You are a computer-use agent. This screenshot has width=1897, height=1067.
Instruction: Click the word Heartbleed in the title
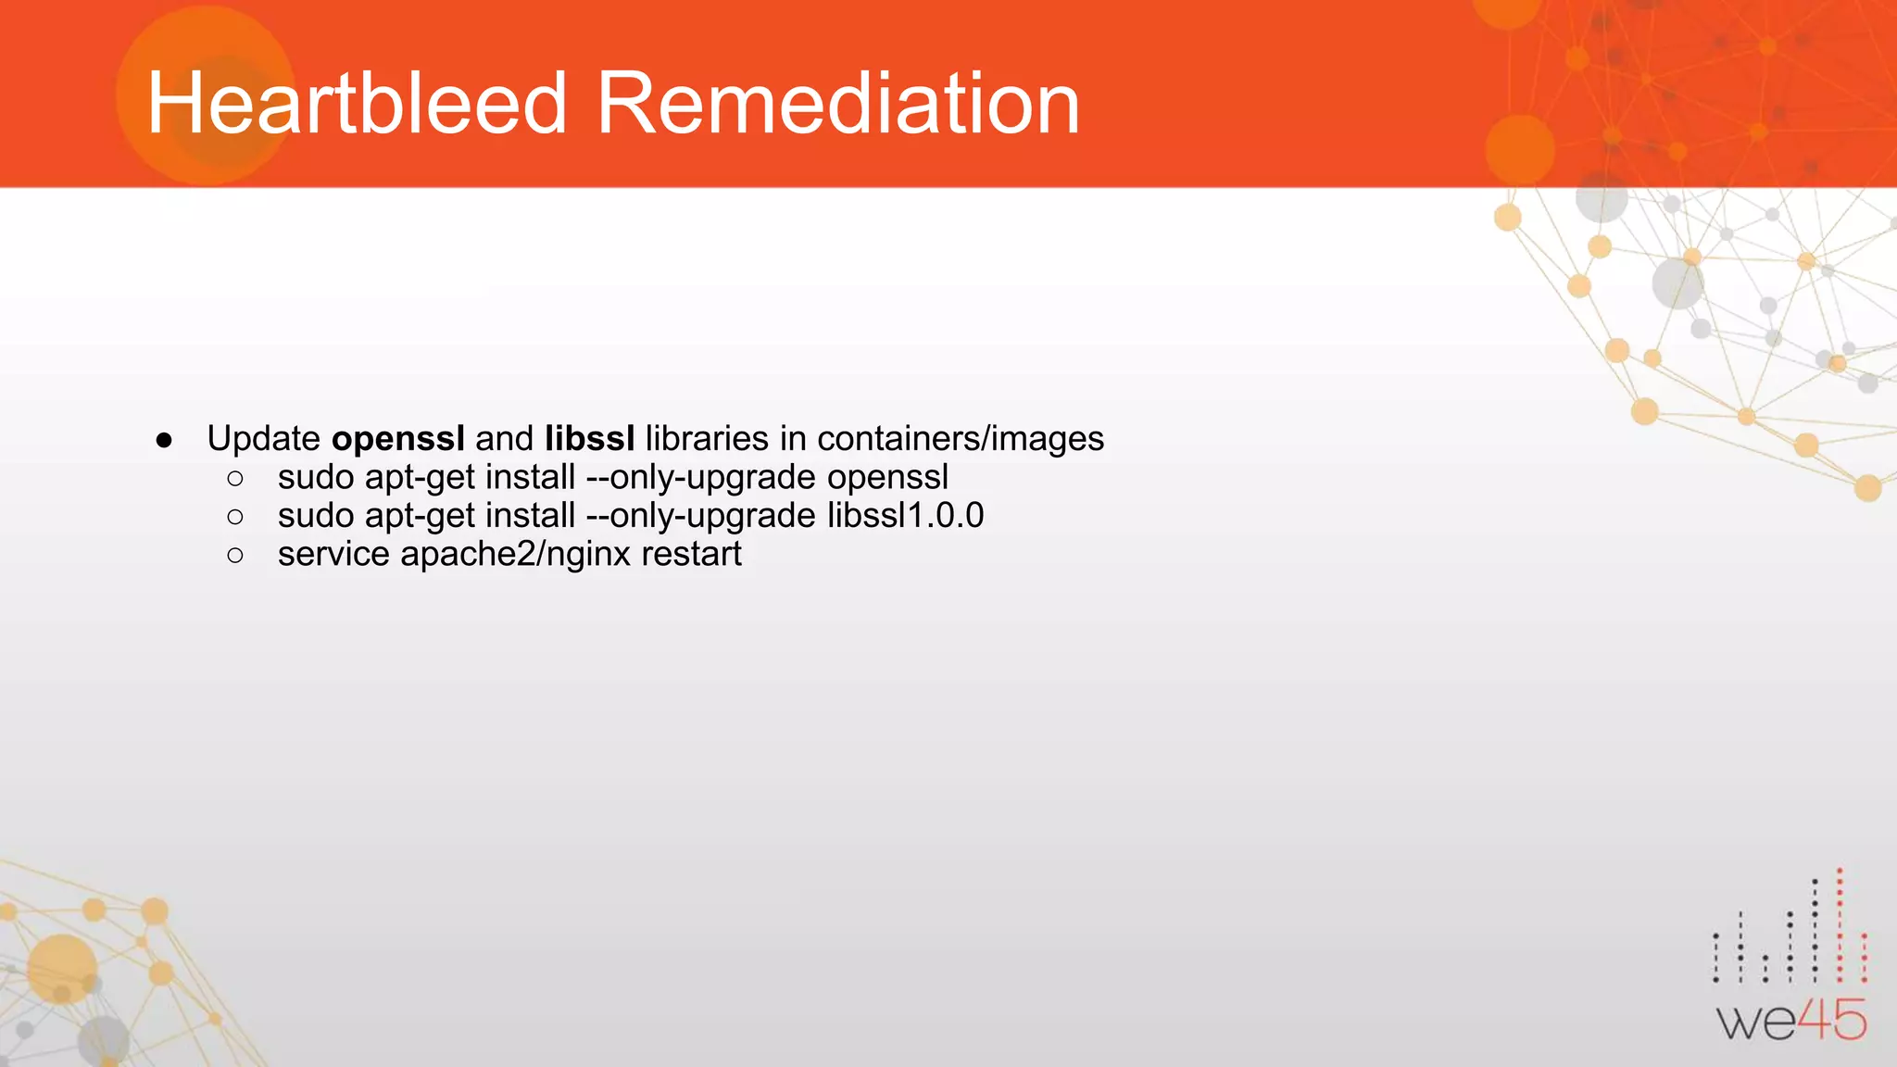(357, 103)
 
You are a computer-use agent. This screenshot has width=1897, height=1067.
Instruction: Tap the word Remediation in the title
(838, 103)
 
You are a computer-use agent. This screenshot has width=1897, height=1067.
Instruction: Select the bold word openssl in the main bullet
(398, 438)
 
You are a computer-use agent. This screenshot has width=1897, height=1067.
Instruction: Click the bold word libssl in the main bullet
(590, 438)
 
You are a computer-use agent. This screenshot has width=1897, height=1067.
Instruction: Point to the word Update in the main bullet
(264, 438)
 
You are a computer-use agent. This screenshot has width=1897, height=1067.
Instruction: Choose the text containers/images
(961, 438)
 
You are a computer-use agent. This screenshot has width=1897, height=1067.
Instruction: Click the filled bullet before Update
(165, 440)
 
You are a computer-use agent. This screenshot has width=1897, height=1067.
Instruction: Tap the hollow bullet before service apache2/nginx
(235, 555)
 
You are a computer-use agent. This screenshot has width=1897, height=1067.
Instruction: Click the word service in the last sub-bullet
(333, 554)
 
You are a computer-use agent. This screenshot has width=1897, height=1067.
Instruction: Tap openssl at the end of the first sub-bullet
(887, 477)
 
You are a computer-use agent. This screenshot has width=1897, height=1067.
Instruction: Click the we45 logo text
(1791, 1021)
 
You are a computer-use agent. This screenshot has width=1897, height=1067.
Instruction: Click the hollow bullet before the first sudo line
(235, 478)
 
